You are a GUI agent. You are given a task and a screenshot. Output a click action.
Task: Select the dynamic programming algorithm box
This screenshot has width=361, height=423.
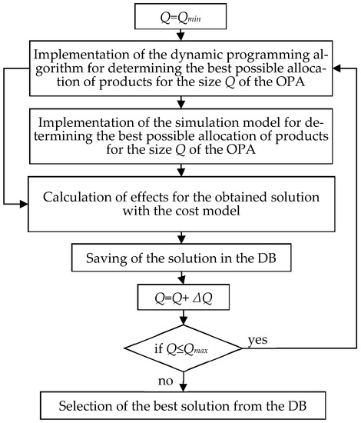181,69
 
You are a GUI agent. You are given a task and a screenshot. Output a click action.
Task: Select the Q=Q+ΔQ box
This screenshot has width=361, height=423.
182,297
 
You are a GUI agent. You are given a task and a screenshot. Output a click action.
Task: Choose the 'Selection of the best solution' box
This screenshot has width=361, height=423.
181,404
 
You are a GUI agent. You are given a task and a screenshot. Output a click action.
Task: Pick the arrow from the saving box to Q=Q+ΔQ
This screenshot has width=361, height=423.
182,278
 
